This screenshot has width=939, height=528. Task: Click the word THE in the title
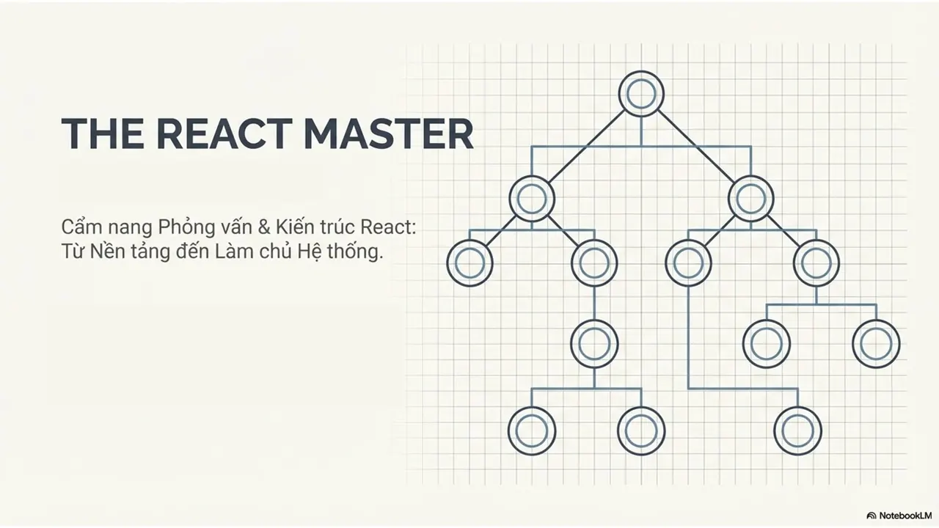click(102, 133)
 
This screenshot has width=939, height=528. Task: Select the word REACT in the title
click(224, 133)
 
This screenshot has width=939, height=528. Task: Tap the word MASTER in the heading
click(390, 133)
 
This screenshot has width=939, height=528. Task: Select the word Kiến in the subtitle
click(295, 227)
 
